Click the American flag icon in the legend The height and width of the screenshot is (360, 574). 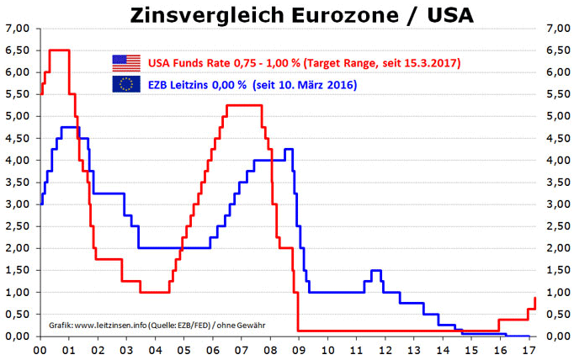[126, 62]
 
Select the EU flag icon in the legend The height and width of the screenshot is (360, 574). [126, 84]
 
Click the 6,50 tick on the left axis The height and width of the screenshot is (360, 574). [17, 50]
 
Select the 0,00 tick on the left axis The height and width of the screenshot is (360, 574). [17, 336]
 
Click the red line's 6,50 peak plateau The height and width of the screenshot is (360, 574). [59, 50]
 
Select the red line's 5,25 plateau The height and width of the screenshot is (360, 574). [244, 105]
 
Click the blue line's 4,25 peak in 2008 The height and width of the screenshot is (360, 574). [288, 150]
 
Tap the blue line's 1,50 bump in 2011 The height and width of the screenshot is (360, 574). [375, 270]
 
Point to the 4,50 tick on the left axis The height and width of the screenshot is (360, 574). [17, 138]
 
